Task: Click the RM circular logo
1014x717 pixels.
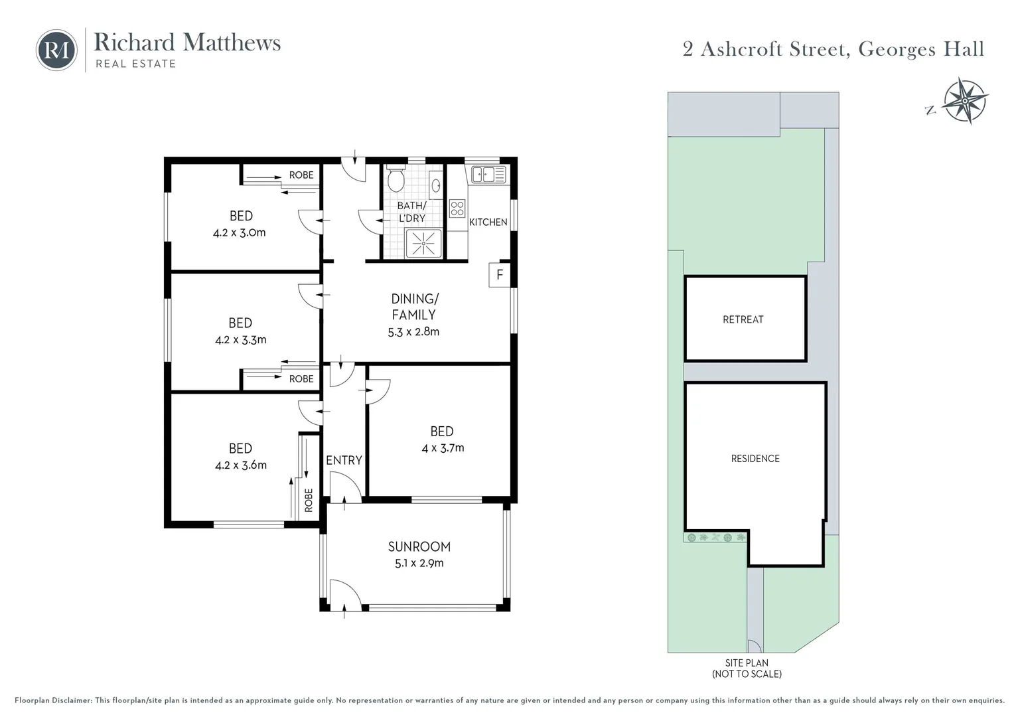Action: [56, 50]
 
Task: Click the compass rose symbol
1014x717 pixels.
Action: [966, 101]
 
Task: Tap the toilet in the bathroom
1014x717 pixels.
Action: [396, 179]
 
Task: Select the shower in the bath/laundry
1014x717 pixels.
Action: [423, 244]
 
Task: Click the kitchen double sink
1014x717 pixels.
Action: [488, 175]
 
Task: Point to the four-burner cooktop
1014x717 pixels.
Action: [457, 208]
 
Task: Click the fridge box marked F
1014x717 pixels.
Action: [499, 275]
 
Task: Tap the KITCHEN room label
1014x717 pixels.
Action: [488, 222]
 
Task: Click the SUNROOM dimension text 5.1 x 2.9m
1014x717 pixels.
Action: [419, 563]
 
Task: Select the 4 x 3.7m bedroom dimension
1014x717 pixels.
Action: [443, 448]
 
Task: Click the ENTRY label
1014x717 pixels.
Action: [344, 460]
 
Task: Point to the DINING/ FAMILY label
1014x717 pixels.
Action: [414, 307]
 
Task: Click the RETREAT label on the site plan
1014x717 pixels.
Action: [743, 319]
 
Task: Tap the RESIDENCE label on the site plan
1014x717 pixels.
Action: [755, 459]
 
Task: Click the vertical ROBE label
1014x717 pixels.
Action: [309, 500]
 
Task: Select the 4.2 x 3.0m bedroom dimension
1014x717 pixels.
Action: [240, 233]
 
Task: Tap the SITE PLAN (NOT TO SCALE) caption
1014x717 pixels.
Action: [747, 668]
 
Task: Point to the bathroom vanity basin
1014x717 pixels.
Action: [435, 185]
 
